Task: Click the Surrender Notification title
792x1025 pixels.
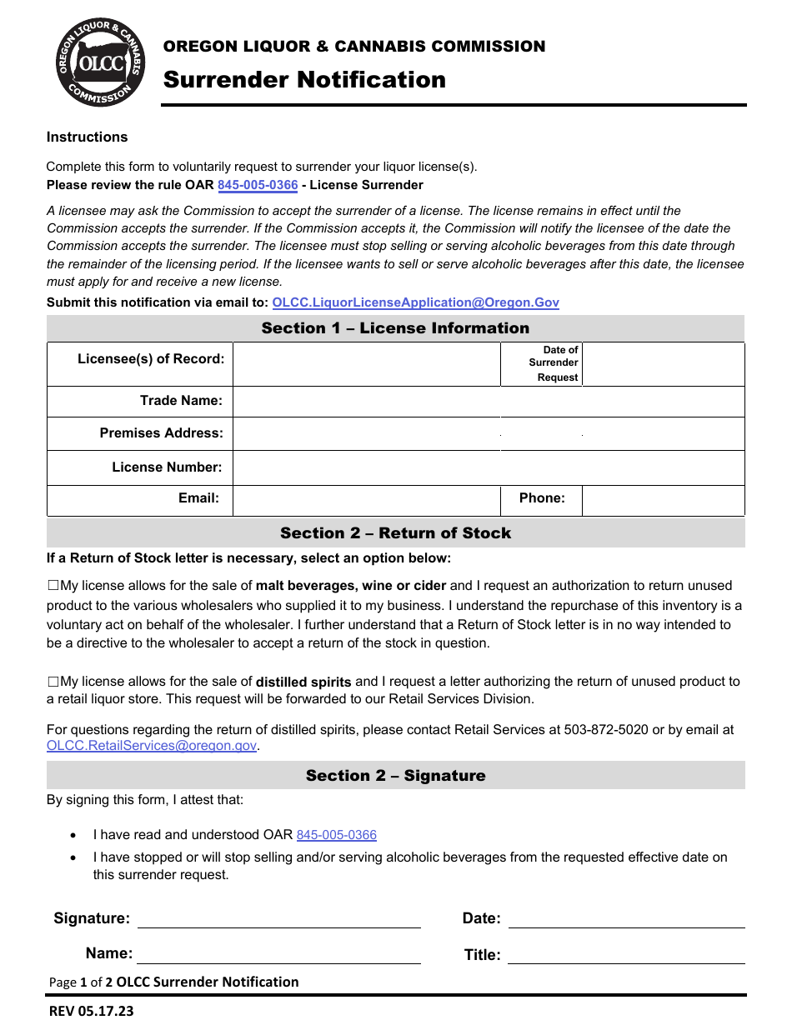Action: pos(304,80)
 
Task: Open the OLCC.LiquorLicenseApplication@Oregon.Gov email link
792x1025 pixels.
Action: pos(415,302)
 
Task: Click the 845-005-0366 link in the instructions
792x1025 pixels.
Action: pos(258,185)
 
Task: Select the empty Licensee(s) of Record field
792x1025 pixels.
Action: pos(366,364)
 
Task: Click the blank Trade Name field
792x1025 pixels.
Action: pos(488,402)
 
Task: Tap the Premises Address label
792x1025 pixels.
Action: pos(161,433)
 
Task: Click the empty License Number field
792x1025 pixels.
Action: pos(488,467)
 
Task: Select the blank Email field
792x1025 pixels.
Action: pos(366,499)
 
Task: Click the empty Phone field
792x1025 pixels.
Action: pos(663,499)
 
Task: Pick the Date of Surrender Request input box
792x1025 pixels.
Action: pos(663,364)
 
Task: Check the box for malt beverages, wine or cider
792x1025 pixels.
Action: pos(53,586)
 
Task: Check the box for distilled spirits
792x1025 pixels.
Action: pos(53,682)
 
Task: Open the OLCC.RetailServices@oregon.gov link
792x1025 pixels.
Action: pos(152,747)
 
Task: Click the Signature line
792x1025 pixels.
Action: pos(278,919)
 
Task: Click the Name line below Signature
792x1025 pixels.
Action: pos(278,954)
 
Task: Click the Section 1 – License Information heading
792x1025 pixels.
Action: pos(395,328)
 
